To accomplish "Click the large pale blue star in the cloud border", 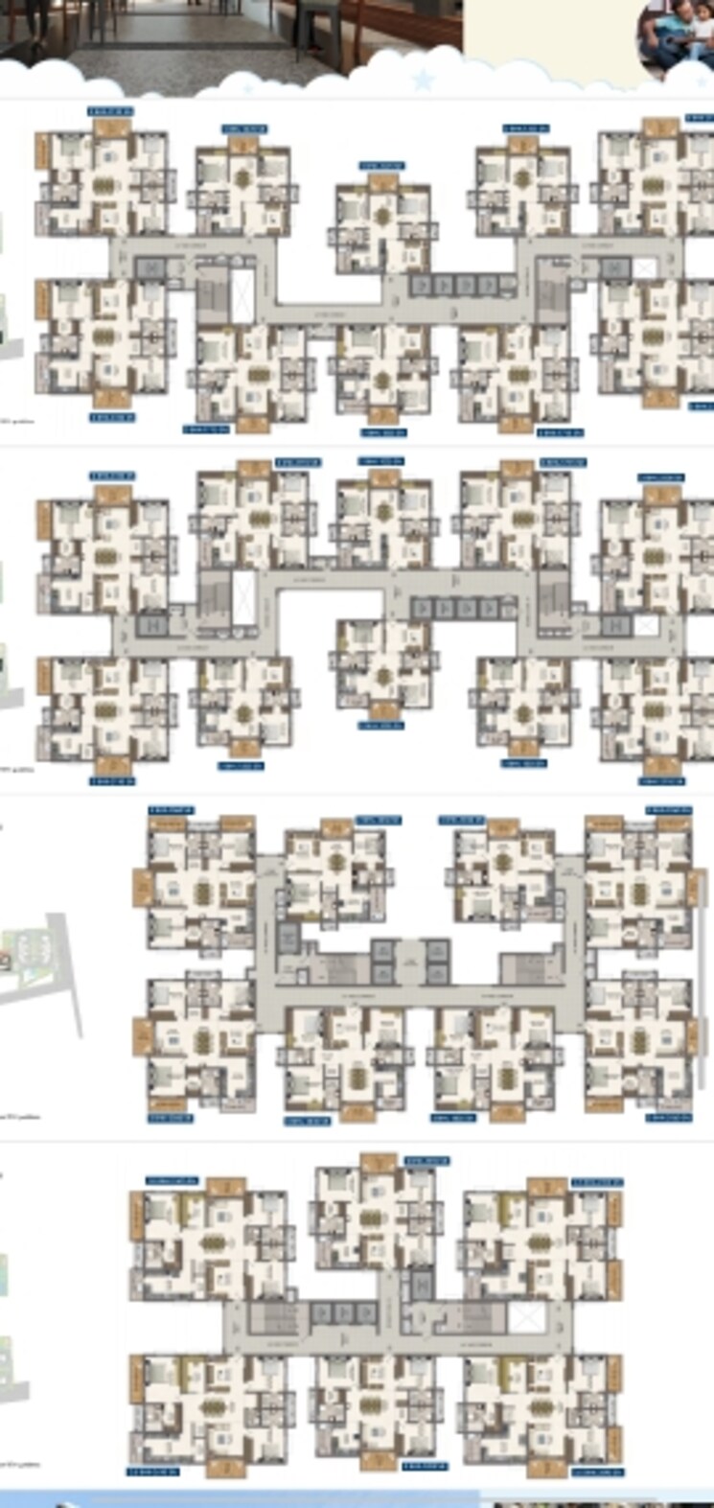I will coord(423,79).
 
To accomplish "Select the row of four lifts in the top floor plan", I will coord(455,285).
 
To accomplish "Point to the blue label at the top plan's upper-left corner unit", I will coord(110,111).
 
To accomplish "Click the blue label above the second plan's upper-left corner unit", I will coord(111,476).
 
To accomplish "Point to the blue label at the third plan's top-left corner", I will coord(171,810).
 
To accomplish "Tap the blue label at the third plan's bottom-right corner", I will coord(669,1118).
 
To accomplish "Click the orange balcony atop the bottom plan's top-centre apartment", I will coord(379,1163).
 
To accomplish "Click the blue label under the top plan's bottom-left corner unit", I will coord(112,418).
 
